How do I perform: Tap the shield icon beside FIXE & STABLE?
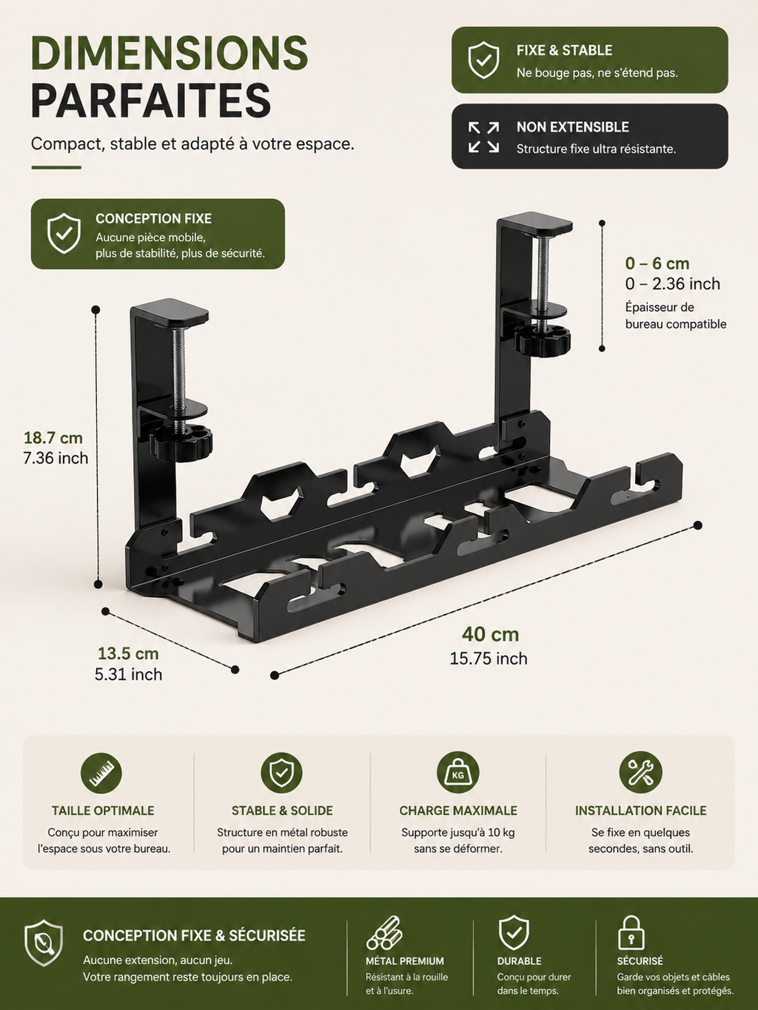click(x=483, y=60)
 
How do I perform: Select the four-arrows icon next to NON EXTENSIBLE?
click(x=483, y=137)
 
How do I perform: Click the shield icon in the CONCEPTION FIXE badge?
click(x=64, y=233)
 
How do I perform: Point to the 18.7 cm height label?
click(x=53, y=437)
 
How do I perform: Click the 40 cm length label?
click(x=490, y=634)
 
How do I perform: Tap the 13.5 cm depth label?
click(x=128, y=653)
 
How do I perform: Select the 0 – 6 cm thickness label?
click(x=657, y=263)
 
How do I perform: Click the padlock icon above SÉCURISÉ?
click(x=631, y=934)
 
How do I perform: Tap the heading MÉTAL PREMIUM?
click(x=405, y=961)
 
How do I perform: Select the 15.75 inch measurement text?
click(x=489, y=659)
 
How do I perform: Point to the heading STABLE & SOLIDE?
click(x=282, y=811)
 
